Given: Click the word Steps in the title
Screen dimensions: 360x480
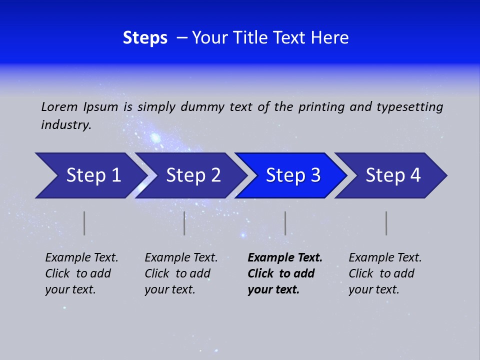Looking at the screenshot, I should click(x=145, y=38).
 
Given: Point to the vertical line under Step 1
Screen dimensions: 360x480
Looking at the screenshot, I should click(x=84, y=223).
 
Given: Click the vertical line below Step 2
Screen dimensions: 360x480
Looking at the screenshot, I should click(x=184, y=223).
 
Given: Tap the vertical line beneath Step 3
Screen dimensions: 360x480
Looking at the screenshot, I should click(x=285, y=223).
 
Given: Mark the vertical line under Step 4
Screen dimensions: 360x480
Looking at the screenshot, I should click(x=386, y=223).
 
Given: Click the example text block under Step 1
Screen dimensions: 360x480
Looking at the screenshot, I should click(x=81, y=273).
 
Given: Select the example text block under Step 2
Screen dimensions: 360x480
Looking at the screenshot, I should click(x=181, y=273).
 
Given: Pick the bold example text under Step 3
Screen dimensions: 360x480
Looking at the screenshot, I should click(x=284, y=273).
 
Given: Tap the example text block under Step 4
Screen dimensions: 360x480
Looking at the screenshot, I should click(x=385, y=273).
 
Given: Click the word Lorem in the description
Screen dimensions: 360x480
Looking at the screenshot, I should click(x=59, y=106).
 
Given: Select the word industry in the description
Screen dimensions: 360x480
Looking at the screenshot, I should click(x=65, y=125).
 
